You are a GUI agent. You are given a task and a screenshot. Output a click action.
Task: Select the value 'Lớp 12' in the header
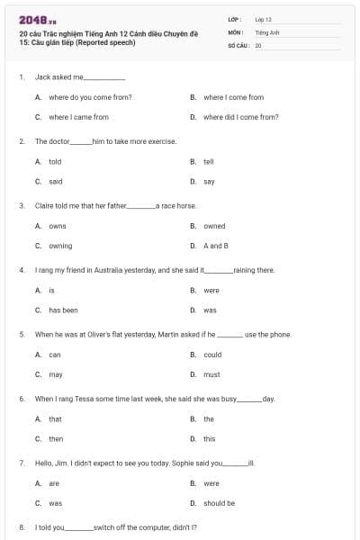tap(263, 18)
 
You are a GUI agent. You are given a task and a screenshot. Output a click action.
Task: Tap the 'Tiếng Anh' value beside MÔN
tap(267, 31)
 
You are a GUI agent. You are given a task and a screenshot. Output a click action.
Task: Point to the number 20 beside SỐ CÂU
tap(258, 44)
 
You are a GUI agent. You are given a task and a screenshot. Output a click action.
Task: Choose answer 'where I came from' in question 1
tap(78, 117)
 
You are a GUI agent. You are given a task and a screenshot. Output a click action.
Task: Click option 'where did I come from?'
tap(240, 117)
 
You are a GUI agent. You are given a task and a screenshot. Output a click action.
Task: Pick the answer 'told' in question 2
tap(55, 162)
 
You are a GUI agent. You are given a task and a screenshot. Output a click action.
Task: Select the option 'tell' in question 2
tap(208, 162)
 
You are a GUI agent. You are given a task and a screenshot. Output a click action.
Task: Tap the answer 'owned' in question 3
tap(214, 226)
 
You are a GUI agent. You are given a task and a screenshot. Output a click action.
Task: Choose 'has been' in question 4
tap(63, 310)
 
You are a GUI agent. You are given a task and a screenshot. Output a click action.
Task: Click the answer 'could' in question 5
tap(212, 355)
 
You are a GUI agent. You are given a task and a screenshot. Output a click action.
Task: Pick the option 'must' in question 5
tap(211, 374)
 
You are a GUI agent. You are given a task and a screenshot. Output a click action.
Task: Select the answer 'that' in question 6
tap(55, 419)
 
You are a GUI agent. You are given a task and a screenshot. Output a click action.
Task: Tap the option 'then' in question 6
tap(56, 439)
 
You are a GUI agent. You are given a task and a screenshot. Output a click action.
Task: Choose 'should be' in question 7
tap(219, 504)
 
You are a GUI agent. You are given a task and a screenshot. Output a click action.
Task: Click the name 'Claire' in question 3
tap(45, 205)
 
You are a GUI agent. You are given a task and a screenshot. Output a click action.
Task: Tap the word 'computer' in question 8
tap(147, 527)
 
